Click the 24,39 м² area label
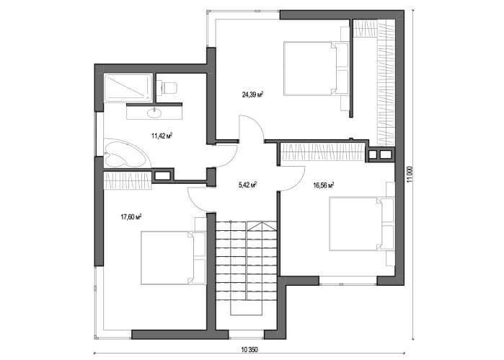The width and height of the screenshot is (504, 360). point(252,95)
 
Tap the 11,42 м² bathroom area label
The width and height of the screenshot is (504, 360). point(162,136)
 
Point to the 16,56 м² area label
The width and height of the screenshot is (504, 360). point(323,185)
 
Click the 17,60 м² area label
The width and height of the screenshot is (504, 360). point(131,217)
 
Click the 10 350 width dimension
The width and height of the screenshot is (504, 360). point(249,350)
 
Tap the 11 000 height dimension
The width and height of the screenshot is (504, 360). point(409,175)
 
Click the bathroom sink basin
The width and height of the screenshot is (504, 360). point(154,113)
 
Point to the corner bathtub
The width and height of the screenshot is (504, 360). point(126,154)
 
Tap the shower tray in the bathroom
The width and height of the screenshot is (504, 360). point(128,88)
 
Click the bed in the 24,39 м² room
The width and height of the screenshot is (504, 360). point(316,69)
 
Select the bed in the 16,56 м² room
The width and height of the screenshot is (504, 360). point(362,224)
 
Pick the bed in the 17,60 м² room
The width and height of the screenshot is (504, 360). point(174,258)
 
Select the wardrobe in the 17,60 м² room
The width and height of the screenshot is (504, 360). point(128,180)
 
